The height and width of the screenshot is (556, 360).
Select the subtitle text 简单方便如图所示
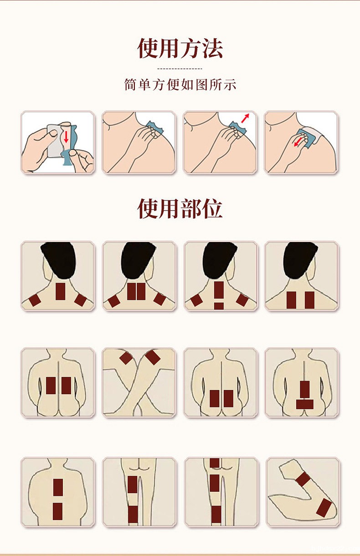[x=180, y=85]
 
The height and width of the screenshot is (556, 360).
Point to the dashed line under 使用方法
[x=180, y=68]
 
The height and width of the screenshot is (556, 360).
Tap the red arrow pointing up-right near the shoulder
[x=246, y=118]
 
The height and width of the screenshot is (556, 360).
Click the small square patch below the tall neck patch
[x=219, y=306]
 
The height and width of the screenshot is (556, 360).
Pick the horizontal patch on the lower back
[x=304, y=404]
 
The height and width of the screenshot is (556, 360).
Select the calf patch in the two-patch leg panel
[x=133, y=514]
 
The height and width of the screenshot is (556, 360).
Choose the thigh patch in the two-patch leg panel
[x=132, y=484]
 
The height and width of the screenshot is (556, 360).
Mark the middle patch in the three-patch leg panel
[x=215, y=483]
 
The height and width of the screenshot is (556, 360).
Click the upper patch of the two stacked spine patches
[x=57, y=487]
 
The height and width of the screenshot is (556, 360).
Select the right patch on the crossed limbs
[x=153, y=357]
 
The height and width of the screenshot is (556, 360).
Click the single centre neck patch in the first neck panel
[x=61, y=291]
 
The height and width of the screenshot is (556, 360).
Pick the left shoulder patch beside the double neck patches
[x=113, y=301]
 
